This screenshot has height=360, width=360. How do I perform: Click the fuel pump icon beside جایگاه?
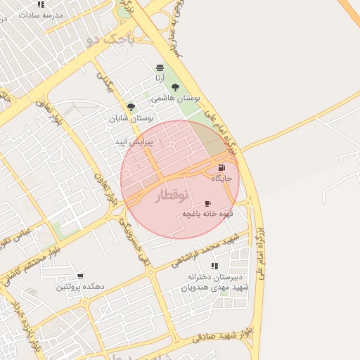[222, 167]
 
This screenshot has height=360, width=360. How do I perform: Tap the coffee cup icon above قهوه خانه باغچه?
[207, 202]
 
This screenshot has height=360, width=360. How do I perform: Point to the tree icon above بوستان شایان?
[131, 107]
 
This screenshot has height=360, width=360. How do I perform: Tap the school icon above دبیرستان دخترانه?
[214, 265]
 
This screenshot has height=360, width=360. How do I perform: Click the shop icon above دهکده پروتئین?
[81, 276]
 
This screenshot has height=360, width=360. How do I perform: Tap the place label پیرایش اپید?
[134, 142]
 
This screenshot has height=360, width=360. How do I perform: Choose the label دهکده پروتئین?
[81, 287]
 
